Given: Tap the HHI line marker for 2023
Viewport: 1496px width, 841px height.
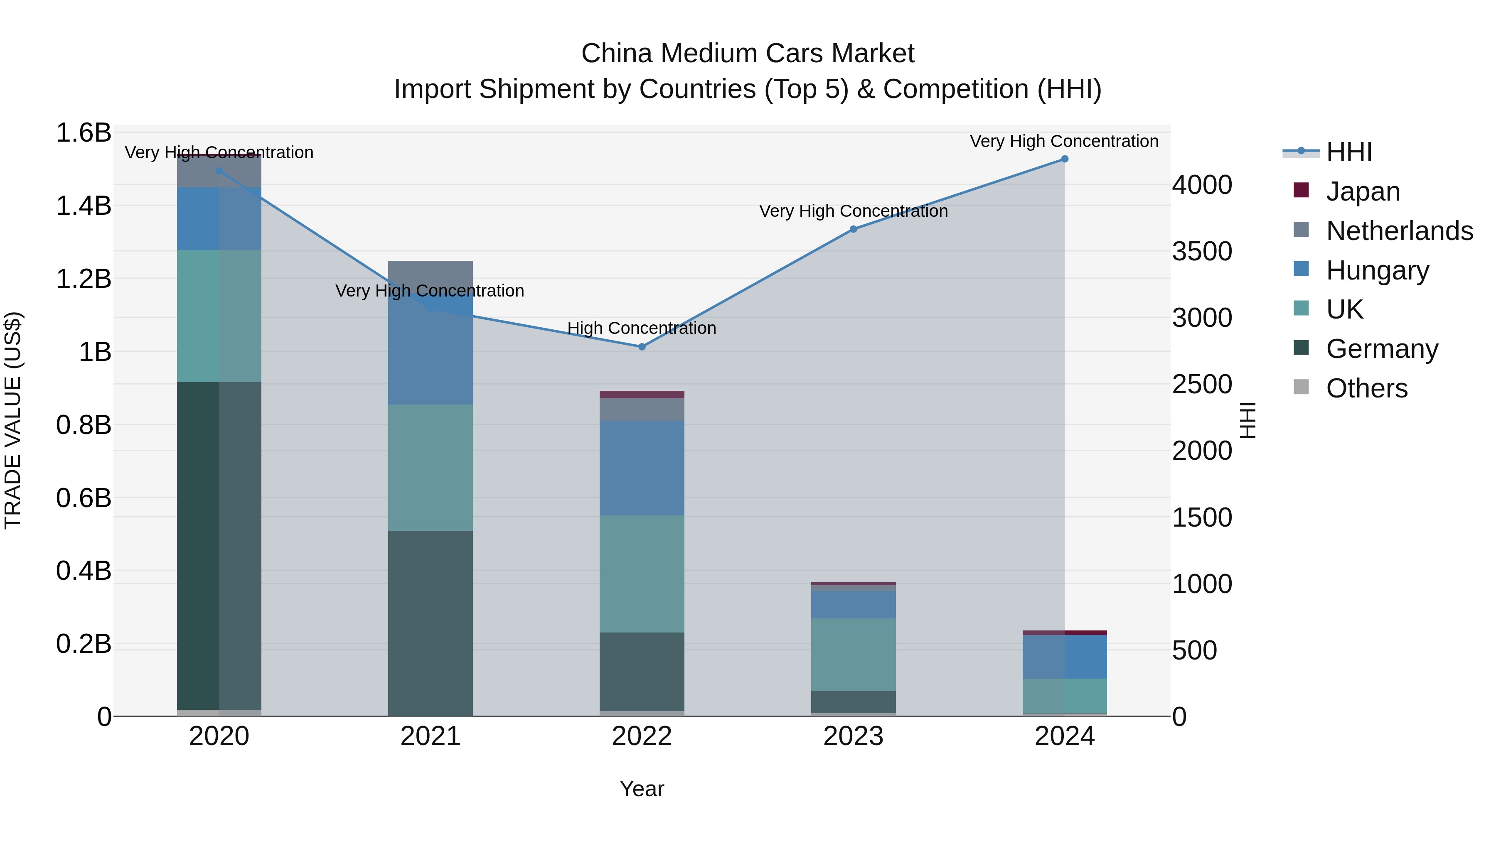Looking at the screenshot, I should tap(853, 229).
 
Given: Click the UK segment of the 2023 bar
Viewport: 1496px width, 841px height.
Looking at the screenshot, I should tap(853, 654).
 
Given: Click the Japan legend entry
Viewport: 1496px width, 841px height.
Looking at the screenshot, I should tap(1363, 191).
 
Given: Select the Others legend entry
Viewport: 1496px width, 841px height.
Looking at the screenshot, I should tap(1366, 388).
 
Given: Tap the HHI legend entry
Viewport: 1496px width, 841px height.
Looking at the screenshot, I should tap(1348, 152).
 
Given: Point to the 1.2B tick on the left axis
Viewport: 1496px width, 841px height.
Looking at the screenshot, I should tap(84, 279).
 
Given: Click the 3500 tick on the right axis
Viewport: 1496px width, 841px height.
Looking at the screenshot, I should tap(1201, 251).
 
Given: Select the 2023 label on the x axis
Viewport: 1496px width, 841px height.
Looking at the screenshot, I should tap(853, 736).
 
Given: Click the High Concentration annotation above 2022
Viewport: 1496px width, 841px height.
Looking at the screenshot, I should tap(642, 328).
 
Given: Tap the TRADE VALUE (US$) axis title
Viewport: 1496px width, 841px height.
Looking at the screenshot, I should tap(13, 420).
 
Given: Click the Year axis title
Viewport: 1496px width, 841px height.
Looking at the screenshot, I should tap(642, 789).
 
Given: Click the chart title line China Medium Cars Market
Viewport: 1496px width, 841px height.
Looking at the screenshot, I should tap(748, 54).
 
